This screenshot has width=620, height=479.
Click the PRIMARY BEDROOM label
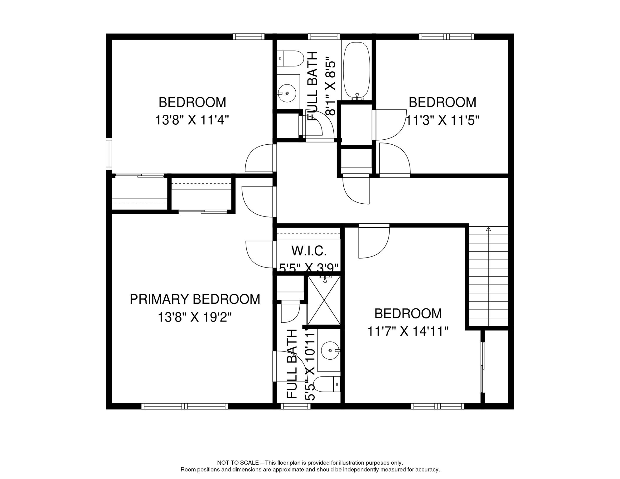pyautogui.click(x=195, y=299)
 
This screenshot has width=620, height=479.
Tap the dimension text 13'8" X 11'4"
pyautogui.click(x=192, y=120)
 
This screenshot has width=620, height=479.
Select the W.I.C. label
pyautogui.click(x=309, y=251)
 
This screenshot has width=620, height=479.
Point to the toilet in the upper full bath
pyautogui.click(x=291, y=59)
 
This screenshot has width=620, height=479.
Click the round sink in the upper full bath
pyautogui.click(x=287, y=93)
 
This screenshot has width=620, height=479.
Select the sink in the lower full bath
pyautogui.click(x=330, y=351)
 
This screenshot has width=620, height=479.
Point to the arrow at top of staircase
pyautogui.click(x=488, y=229)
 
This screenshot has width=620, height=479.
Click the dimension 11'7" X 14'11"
pyautogui.click(x=408, y=331)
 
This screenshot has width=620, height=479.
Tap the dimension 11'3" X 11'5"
pyautogui.click(x=442, y=120)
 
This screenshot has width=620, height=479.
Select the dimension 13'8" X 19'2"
pyautogui.click(x=195, y=318)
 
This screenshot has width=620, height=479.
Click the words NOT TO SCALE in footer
pyautogui.click(x=238, y=463)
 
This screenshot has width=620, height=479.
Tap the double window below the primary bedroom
pyautogui.click(x=185, y=406)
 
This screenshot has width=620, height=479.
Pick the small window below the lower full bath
pyautogui.click(x=295, y=406)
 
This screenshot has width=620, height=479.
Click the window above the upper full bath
pyautogui.click(x=324, y=37)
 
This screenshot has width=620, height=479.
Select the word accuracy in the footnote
pyautogui.click(x=428, y=470)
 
